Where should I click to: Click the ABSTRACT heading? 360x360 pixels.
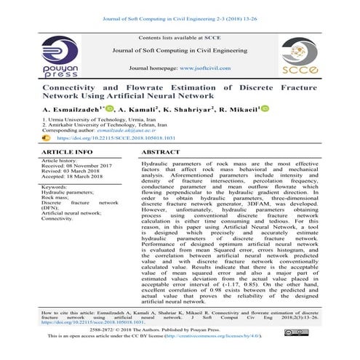[x=159, y=152]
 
